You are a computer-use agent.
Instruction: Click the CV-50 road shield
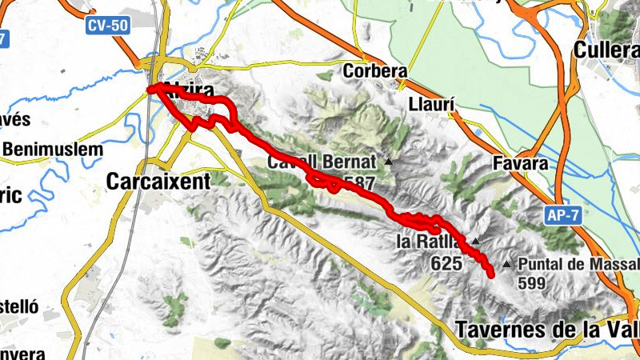pos(108,26)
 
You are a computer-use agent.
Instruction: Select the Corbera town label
pos(375,71)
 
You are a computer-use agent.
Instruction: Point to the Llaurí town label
pos(431,104)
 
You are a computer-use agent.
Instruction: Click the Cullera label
pos(607,50)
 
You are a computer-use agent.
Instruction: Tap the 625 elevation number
pos(446,262)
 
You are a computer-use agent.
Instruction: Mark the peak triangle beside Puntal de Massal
pos(506,263)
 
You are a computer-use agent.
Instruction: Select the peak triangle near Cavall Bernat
pos(389,162)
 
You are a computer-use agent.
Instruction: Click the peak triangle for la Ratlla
pos(475,241)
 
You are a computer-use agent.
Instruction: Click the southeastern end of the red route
pos(490,274)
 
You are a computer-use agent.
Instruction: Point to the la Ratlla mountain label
pos(429,241)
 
